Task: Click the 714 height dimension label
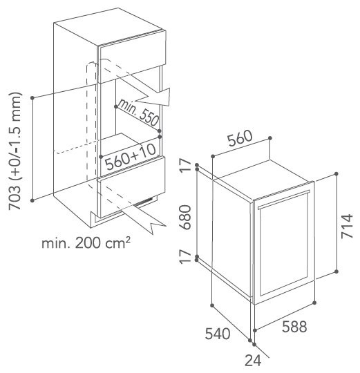coord(347,226)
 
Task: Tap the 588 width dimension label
coord(294,327)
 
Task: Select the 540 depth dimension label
coord(218,334)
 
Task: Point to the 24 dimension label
coord(253,361)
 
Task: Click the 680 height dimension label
coord(185,217)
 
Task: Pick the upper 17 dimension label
coord(185,165)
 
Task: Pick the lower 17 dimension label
coord(185,257)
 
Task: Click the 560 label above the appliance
coord(240,138)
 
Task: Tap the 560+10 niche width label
coord(131,156)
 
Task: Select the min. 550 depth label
coord(138,112)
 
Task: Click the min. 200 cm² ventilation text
coord(86,243)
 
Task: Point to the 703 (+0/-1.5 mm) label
coord(15,151)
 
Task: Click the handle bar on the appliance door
coord(284,200)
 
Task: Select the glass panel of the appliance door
coord(284,245)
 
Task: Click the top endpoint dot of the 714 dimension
coord(336,174)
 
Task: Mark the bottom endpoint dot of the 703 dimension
coord(32,200)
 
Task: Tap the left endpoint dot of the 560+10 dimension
coord(101,157)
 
